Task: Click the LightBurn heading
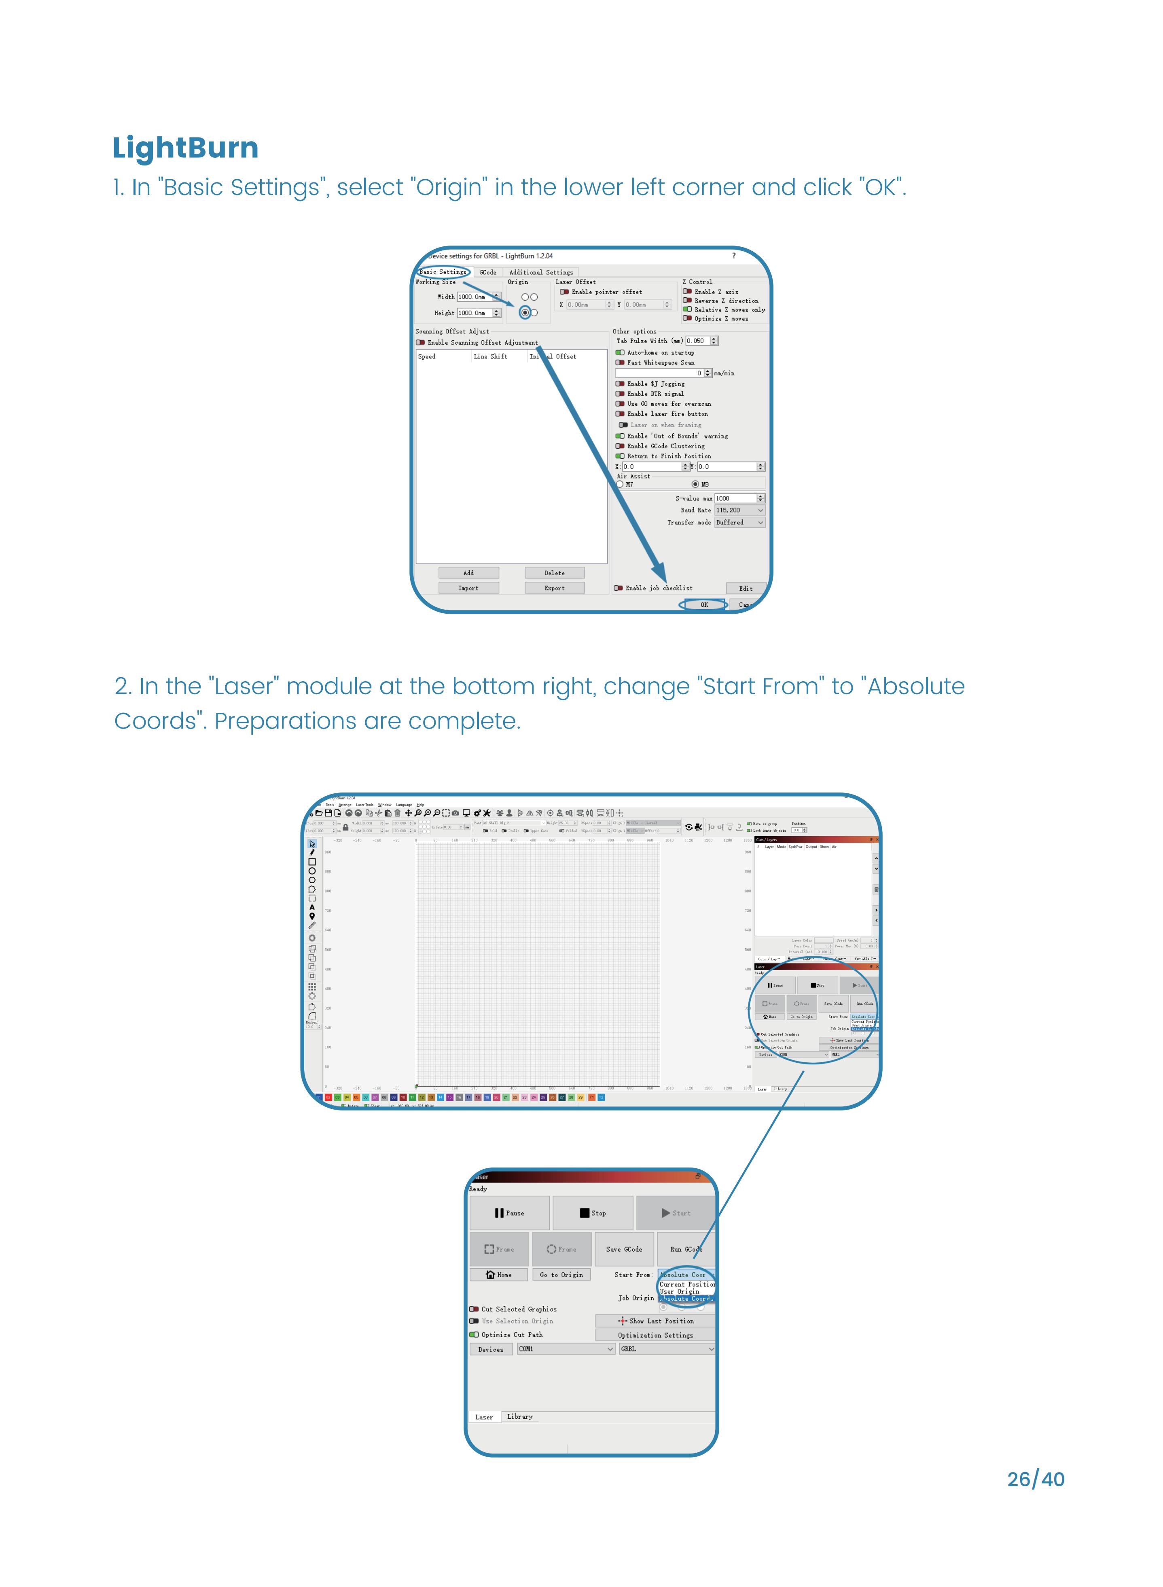tap(185, 148)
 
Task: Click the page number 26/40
tap(1035, 1479)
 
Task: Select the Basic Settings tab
tap(443, 272)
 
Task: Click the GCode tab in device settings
tap(488, 273)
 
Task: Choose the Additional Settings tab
tap(541, 273)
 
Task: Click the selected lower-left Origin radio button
tap(525, 313)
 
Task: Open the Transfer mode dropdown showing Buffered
tap(739, 522)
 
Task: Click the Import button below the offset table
tap(468, 588)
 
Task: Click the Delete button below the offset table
tap(554, 573)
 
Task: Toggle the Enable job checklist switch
tap(618, 588)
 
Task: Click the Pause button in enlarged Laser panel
tap(509, 1212)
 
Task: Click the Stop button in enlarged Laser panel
tap(592, 1212)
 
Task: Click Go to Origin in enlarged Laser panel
tap(561, 1274)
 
